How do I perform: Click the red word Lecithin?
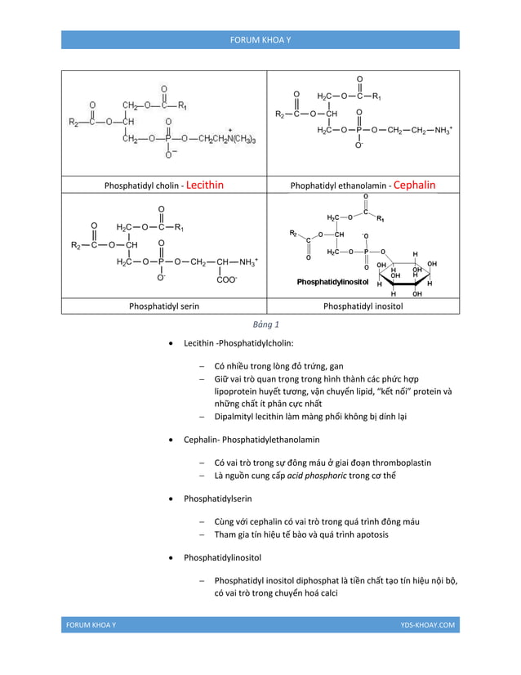[x=205, y=185]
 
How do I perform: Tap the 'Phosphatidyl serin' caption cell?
[x=164, y=306]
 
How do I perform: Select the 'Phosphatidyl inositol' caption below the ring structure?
[x=363, y=306]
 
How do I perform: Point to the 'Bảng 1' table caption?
[x=260, y=324]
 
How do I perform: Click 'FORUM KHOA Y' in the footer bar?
[x=91, y=624]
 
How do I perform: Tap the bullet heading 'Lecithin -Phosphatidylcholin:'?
[x=238, y=343]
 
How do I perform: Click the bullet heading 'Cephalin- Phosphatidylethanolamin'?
[x=251, y=440]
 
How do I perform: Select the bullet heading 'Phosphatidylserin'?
[x=217, y=497]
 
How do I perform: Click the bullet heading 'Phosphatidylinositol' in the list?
[x=222, y=557]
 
